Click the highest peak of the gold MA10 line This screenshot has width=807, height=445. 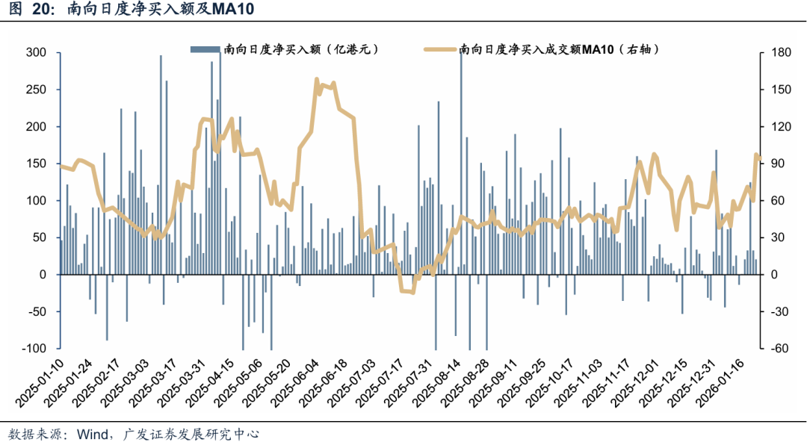(317, 78)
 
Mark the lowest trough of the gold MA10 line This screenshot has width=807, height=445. (409, 291)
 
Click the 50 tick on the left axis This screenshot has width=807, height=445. (40, 237)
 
